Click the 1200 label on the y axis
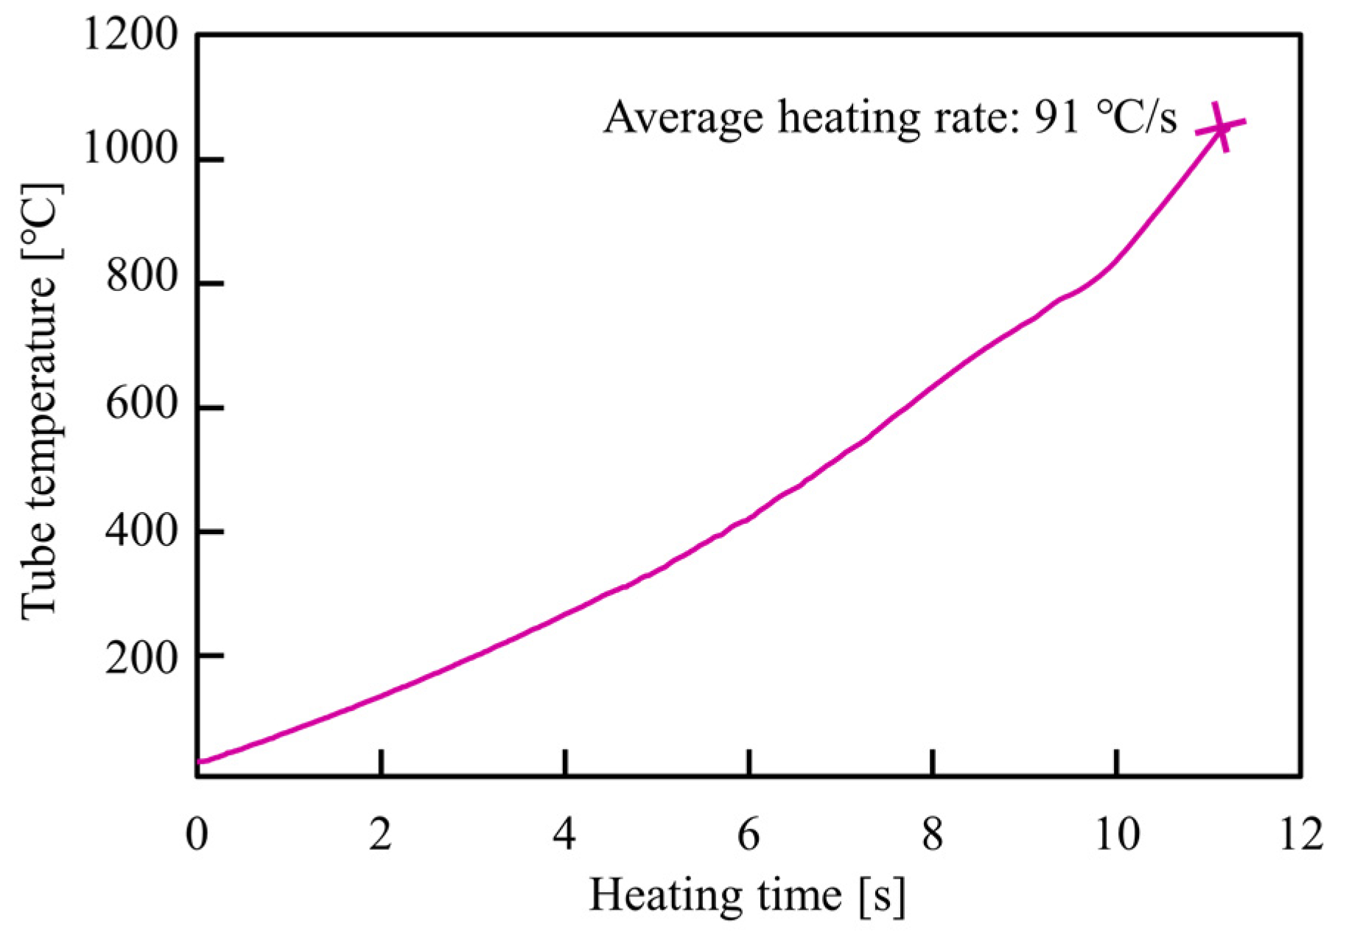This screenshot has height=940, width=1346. click(130, 35)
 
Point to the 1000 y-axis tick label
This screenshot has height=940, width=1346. click(130, 150)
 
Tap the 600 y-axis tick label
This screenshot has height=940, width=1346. click(142, 404)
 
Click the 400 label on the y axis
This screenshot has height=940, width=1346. click(142, 530)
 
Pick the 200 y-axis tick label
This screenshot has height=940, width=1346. click(142, 657)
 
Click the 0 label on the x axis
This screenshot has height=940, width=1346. click(197, 835)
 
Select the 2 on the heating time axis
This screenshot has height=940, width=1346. click(380, 835)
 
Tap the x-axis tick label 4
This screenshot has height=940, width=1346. click(564, 835)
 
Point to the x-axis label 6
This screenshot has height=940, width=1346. click(749, 835)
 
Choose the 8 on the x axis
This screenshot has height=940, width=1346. click(933, 835)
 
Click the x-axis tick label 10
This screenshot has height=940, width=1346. click(1117, 835)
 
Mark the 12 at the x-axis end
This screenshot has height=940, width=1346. click(1301, 835)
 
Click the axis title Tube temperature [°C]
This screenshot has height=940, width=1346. click(41, 401)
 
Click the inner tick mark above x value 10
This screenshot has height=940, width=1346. click(1117, 762)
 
